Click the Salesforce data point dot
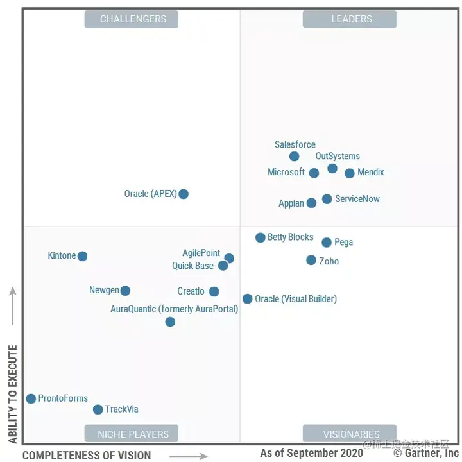tap(294, 157)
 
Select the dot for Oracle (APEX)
tap(184, 194)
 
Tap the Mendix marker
tap(350, 173)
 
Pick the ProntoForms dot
tap(31, 398)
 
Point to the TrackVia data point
tap(98, 409)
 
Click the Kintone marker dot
tap(82, 256)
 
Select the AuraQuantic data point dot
tap(170, 322)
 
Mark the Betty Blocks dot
tap(261, 237)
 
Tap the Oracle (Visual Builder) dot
tap(248, 299)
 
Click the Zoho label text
tap(329, 261)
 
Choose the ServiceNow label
tap(357, 199)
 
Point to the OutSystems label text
tap(338, 156)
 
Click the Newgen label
tap(104, 290)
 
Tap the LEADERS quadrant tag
tap(350, 19)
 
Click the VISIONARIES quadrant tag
tap(350, 434)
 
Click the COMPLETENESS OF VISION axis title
tap(87, 456)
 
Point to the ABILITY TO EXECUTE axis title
tap(13, 395)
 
